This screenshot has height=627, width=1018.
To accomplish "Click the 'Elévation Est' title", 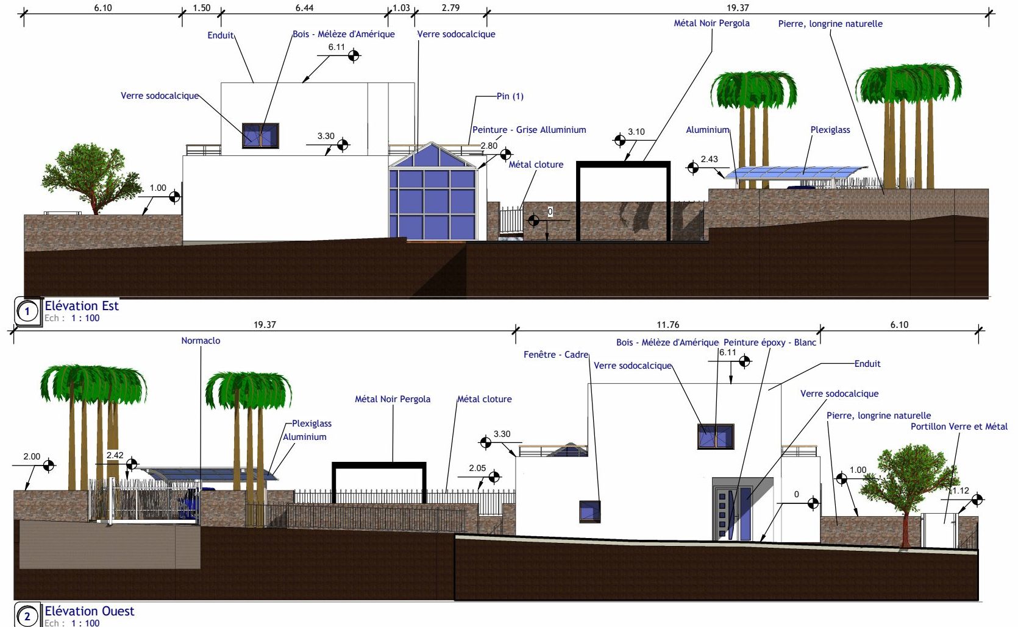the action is pos(81,306).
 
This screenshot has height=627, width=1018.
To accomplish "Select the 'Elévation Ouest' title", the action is pos(89,611).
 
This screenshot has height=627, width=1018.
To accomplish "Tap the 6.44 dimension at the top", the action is pos(304,8).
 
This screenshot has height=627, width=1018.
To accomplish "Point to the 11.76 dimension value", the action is pos(667,324).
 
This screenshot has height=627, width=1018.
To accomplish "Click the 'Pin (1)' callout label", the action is pos(510,96).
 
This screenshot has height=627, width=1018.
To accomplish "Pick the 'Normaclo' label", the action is pos(201,340).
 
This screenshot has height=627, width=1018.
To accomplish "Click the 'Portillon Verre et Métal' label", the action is pos(959,426).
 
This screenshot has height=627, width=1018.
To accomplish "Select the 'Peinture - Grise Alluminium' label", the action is pos(529,130).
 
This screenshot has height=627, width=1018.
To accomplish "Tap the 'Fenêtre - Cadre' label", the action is pos(556,355).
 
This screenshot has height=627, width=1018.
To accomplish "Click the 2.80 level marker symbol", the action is pos(505,155).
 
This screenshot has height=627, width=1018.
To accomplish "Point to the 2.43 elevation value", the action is pos(709,159).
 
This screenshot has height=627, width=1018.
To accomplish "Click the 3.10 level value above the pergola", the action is pos(636,132).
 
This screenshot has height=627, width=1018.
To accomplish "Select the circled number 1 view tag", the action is pos(27,311).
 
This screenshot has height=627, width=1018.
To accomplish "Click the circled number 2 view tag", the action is pos(27,617).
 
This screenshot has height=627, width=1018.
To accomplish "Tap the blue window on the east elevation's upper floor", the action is pos(260,135).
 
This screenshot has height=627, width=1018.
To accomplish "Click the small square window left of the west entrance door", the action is pos(590,512).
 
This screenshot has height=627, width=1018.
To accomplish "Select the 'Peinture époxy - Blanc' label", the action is pos(770,342).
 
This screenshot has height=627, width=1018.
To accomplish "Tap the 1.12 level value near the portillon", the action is pos(961,491).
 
